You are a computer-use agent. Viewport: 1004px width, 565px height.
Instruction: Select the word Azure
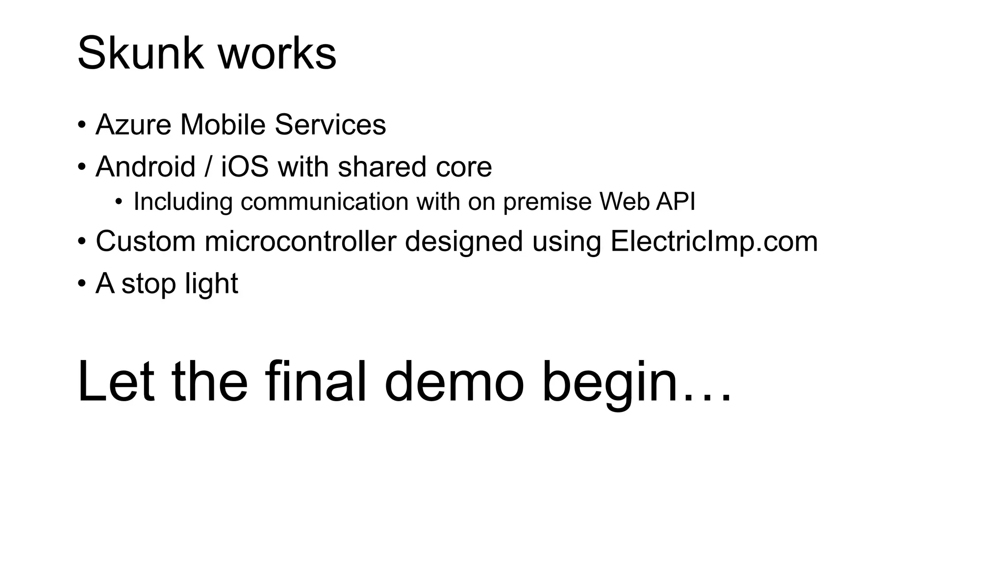pyautogui.click(x=133, y=125)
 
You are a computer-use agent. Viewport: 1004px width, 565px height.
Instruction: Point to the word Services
pyautogui.click(x=330, y=125)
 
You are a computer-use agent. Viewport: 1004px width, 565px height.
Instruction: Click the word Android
pyautogui.click(x=146, y=167)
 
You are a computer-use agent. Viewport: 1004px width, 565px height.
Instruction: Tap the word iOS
pyautogui.click(x=245, y=167)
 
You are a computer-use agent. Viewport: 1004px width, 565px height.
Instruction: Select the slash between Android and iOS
pyautogui.click(x=208, y=167)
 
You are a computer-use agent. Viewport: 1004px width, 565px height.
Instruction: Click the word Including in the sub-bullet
pyautogui.click(x=182, y=202)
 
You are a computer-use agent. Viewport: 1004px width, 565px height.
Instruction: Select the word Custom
pyautogui.click(x=146, y=241)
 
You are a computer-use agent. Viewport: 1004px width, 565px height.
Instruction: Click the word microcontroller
pyautogui.click(x=300, y=241)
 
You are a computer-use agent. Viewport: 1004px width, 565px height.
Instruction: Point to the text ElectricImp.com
pyautogui.click(x=714, y=241)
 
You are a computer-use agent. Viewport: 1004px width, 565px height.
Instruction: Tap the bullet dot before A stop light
pyautogui.click(x=81, y=283)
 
